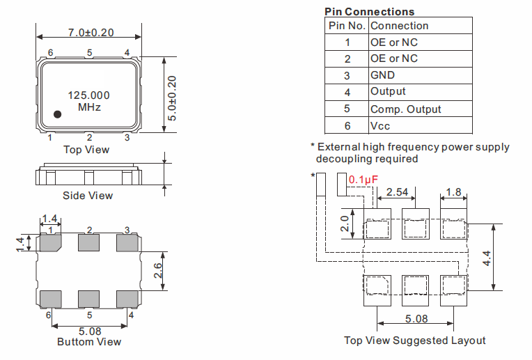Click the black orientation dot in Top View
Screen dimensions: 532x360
pos(57,114)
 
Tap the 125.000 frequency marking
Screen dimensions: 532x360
pos(89,95)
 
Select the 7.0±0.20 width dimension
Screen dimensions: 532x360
pos(91,33)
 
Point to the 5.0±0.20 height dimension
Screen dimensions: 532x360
pos(172,98)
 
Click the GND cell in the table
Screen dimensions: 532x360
pos(421,75)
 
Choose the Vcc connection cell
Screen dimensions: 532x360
pos(421,125)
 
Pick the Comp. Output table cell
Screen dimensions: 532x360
pos(421,109)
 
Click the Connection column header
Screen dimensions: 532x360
pos(421,26)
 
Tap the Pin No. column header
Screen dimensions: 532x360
pos(347,26)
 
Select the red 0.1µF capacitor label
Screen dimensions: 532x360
pos(363,180)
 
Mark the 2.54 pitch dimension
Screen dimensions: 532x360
pos(397,192)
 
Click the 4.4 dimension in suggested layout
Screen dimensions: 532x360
pos(487,258)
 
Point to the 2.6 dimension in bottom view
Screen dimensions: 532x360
pos(158,271)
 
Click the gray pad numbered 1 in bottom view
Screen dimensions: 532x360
pos(51,242)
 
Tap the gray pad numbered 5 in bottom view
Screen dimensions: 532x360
pos(88,299)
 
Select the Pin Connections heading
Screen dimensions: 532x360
pos(370,12)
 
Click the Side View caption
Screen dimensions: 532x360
pos(88,196)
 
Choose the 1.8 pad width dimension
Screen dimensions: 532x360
pos(453,192)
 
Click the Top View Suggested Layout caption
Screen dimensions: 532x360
pos(414,341)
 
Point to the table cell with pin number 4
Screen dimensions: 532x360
pos(347,93)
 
